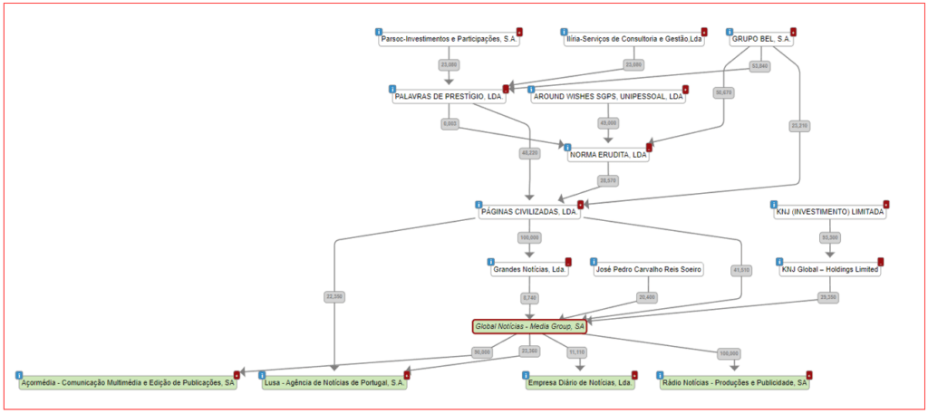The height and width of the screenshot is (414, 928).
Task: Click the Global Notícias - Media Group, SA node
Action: click(x=529, y=326)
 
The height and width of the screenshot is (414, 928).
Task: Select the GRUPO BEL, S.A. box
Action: click(x=761, y=40)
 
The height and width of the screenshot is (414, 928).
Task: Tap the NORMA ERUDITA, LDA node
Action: click(x=608, y=155)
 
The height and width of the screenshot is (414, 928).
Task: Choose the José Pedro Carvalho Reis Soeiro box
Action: click(x=648, y=269)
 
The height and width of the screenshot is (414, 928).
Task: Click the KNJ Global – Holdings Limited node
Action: click(x=829, y=269)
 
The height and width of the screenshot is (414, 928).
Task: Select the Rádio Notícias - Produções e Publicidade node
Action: click(x=734, y=383)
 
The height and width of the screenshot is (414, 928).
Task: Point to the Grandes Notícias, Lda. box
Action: click(x=529, y=269)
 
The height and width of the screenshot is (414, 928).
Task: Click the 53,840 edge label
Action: click(x=759, y=66)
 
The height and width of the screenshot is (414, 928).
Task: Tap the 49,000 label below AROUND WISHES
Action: click(x=608, y=122)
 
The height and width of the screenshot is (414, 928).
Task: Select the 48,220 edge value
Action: click(x=529, y=153)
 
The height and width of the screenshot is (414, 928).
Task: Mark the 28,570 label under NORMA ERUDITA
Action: click(x=608, y=180)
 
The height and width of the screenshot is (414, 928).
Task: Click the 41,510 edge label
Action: click(x=740, y=270)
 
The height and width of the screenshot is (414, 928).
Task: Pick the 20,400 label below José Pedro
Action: click(x=647, y=297)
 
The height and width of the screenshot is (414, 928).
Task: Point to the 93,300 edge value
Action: click(x=830, y=237)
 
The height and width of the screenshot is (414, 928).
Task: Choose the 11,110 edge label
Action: click(x=576, y=351)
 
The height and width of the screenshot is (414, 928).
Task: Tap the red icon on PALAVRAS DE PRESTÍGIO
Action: click(x=506, y=89)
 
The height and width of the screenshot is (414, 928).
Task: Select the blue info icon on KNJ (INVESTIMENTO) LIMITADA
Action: click(x=773, y=204)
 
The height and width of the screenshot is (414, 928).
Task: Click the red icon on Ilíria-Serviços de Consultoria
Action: click(x=704, y=32)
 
